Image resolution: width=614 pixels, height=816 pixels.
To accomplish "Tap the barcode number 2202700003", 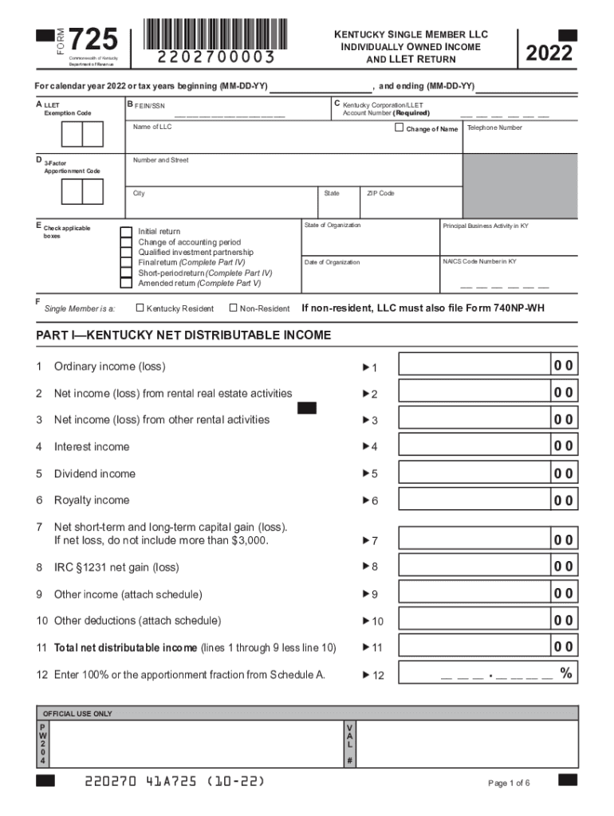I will (216, 57).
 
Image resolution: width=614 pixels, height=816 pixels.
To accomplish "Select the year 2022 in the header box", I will (549, 53).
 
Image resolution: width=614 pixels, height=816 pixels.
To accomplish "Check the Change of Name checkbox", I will (399, 127).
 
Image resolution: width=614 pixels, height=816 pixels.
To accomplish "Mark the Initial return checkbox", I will (126, 232).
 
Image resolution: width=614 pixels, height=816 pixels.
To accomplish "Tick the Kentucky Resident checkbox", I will (140, 308).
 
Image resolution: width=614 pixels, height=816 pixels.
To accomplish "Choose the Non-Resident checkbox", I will (233, 308).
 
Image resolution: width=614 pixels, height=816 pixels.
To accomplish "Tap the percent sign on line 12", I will (565, 673).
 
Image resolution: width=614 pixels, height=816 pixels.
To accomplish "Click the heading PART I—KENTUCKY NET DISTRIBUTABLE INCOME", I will (183, 335).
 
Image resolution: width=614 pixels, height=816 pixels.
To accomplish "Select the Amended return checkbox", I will (126, 283).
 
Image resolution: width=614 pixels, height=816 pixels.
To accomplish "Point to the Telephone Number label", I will (494, 127).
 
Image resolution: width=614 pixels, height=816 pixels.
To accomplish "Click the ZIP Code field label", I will (380, 194).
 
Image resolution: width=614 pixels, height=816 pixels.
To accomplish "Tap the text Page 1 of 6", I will (509, 783).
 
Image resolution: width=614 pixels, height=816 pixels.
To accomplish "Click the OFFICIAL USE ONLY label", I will (77, 714).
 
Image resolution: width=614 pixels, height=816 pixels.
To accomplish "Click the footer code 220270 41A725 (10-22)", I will (175, 781).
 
